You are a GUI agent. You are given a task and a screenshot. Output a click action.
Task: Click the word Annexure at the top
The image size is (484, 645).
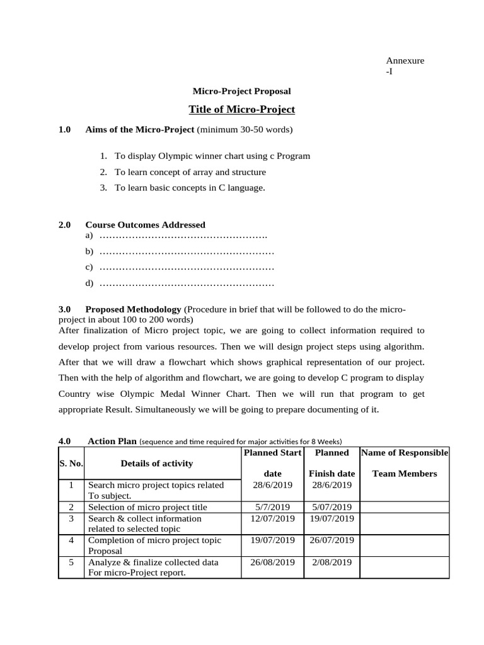(405, 60)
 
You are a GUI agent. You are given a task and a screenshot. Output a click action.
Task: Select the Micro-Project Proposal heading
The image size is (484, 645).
(241, 91)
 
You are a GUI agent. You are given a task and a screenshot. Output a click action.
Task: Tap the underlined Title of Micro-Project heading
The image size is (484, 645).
(241, 110)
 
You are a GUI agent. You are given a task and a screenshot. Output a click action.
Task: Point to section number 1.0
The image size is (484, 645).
(65, 130)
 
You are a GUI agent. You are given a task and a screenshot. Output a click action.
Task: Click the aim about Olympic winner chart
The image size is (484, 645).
(212, 156)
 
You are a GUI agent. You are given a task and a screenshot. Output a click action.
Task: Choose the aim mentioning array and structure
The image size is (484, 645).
(190, 172)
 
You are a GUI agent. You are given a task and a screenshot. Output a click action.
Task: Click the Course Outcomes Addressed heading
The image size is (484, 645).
(145, 224)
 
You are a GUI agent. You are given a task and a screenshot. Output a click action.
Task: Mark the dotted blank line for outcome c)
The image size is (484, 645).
(187, 267)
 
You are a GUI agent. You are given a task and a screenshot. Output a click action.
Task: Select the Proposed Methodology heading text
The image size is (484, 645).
(133, 309)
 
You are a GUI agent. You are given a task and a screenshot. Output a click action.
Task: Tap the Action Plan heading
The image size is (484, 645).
(112, 441)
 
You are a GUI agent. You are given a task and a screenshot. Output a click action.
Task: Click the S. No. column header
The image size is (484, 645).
(71, 464)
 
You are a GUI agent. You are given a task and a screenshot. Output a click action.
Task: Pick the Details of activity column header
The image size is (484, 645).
(157, 464)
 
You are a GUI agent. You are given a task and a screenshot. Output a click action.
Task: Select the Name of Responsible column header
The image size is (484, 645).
(404, 453)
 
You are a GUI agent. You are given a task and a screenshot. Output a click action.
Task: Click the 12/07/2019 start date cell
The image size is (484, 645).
(272, 518)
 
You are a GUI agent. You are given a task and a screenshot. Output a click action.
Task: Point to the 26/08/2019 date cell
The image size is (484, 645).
(272, 562)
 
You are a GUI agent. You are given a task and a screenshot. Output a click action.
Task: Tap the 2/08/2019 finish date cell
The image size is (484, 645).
(331, 562)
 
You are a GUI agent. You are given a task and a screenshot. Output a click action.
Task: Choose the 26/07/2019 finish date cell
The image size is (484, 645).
(331, 540)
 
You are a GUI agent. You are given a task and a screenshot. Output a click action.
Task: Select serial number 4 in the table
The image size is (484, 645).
(71, 540)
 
